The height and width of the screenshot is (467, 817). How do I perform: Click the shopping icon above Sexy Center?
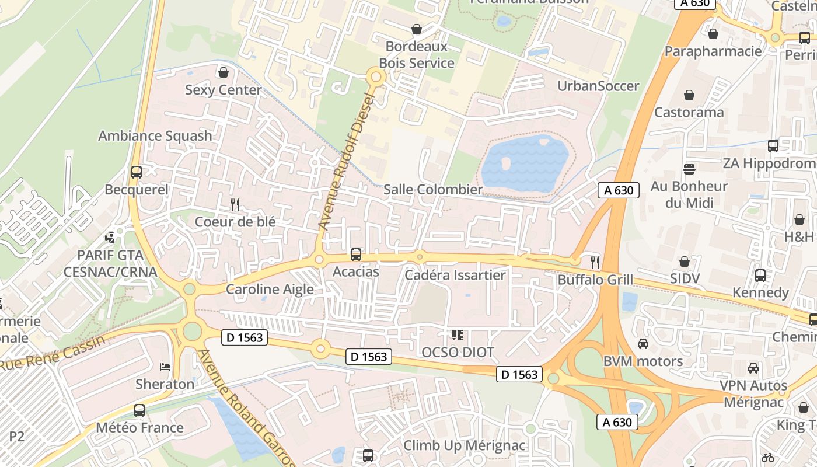tap(223, 73)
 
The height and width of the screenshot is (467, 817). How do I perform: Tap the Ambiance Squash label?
tap(155, 136)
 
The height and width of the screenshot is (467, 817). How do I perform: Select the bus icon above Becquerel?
tap(137, 172)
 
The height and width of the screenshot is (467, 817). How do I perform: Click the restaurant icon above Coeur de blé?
tap(235, 205)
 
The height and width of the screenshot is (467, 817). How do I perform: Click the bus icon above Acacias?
tap(356, 255)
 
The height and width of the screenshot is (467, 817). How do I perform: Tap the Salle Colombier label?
tap(433, 190)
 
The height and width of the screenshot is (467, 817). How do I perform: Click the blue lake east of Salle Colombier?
tap(524, 163)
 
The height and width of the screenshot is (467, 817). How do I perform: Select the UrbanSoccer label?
tap(598, 86)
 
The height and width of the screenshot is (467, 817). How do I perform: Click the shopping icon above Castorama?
tap(689, 95)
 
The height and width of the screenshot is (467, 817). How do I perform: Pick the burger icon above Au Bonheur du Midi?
tap(689, 169)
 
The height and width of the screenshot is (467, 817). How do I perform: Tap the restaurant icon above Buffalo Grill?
tap(595, 263)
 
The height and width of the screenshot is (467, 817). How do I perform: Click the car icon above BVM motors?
tap(643, 344)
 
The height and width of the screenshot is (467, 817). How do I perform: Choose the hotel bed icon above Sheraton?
tap(165, 367)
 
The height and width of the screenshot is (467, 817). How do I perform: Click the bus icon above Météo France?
tap(139, 410)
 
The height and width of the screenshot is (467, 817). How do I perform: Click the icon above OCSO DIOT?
tap(458, 335)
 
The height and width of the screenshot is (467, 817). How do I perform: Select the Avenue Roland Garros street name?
tap(245, 409)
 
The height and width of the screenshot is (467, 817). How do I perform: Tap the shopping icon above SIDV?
tap(685, 262)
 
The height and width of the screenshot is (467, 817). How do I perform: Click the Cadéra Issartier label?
tap(455, 275)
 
